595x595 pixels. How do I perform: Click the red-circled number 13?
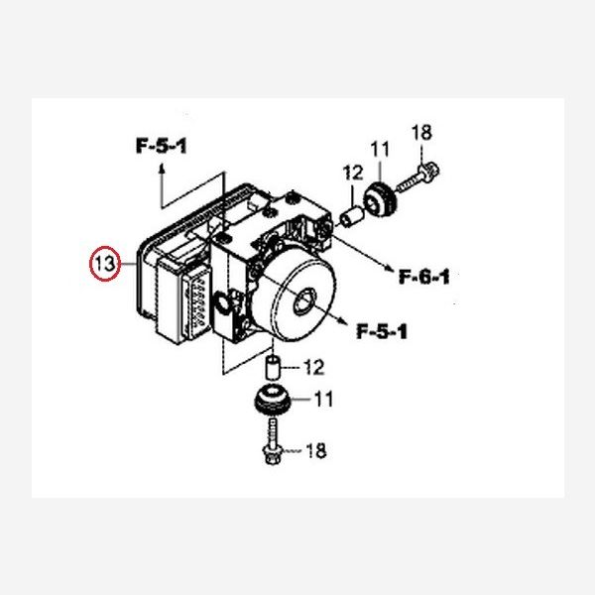[104, 265]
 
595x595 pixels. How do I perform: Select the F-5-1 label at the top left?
[162, 147]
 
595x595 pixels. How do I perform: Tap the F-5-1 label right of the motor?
[381, 330]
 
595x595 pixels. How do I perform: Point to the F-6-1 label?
[423, 277]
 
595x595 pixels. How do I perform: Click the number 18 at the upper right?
[422, 132]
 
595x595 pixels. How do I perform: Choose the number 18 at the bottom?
[315, 452]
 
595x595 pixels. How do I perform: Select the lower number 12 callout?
[313, 368]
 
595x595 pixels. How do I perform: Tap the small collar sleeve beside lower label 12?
[271, 368]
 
